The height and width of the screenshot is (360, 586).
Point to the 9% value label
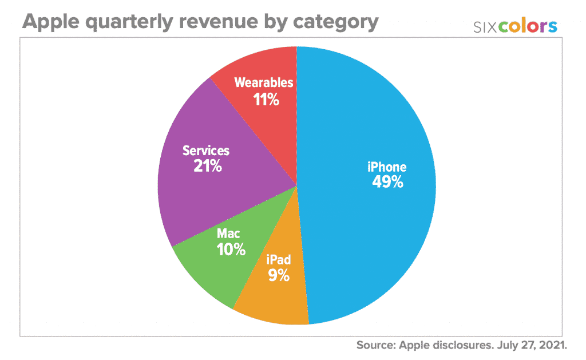click(x=279, y=275)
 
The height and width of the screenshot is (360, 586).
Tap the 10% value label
click(x=231, y=250)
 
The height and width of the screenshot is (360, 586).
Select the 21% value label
click(x=205, y=167)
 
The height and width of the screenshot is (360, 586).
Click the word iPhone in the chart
click(x=387, y=167)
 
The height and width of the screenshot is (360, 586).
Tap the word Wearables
click(x=264, y=83)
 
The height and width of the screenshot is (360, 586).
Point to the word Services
click(x=205, y=151)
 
